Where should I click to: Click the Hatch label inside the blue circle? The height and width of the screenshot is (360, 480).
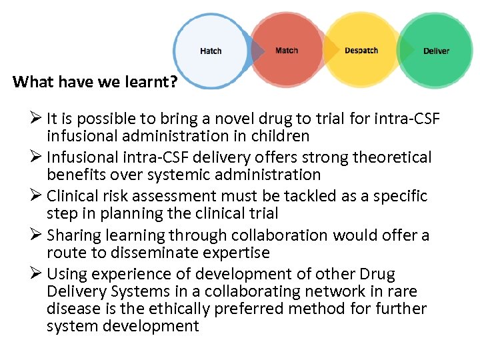point(211,51)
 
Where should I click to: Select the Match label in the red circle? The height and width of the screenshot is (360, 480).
point(287,51)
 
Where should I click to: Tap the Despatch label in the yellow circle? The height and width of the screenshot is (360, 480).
point(361,51)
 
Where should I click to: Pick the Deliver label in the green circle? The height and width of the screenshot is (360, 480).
point(436,51)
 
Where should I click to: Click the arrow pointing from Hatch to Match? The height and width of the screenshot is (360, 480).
point(257,51)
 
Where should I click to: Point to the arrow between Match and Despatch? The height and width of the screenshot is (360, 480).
point(330,51)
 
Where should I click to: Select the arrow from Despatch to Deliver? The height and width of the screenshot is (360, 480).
point(405,51)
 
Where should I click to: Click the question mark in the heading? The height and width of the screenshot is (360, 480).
point(173,82)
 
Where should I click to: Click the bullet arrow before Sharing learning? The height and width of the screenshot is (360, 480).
point(36,235)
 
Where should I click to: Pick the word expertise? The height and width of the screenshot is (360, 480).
point(239,253)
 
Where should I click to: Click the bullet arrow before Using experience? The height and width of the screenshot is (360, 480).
point(36,274)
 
